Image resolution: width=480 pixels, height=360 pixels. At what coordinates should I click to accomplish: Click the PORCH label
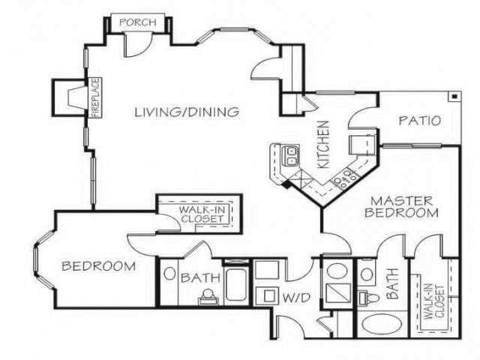tap(138, 22)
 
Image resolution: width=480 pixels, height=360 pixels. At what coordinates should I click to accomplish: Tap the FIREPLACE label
tap(96, 97)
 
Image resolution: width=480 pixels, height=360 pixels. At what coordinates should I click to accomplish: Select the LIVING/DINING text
tap(187, 112)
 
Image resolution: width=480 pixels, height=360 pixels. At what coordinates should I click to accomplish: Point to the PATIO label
tap(419, 120)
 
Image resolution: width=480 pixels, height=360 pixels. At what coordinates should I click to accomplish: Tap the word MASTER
tap(402, 201)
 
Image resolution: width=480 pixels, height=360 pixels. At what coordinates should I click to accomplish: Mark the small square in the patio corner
tap(454, 96)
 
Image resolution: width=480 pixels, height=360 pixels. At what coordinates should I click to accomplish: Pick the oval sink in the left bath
tap(169, 274)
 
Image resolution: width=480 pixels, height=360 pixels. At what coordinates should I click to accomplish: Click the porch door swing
tap(136, 45)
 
